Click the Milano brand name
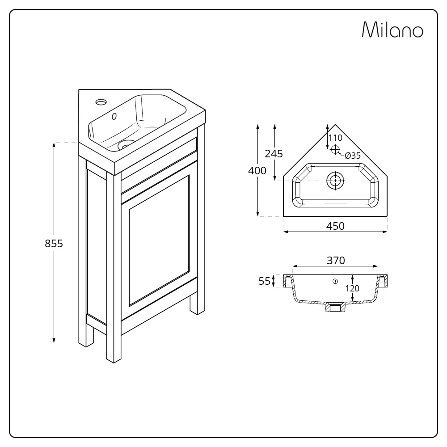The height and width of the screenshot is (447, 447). pos(392,30)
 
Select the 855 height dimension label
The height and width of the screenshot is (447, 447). pos(54,244)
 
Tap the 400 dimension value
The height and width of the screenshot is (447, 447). pos(257,170)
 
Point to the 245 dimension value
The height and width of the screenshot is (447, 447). pos(274,154)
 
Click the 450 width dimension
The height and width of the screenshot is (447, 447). pos(335,226)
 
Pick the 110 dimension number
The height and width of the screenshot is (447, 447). pos(335,138)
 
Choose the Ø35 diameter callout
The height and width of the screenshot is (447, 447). pos(353,156)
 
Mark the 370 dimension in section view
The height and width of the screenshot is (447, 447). pos(335,260)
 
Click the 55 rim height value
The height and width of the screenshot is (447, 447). pos(265,281)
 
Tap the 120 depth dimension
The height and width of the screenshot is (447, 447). pos(352,288)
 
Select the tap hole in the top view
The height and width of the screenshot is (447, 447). pos(335,150)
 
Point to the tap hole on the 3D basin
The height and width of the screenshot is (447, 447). pos(101,102)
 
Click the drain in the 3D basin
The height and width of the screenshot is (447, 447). pos(127,144)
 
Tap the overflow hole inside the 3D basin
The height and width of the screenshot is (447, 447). pos(114,117)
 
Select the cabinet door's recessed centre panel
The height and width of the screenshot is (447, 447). pos(159,241)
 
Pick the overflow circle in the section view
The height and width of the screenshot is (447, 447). pos(335,281)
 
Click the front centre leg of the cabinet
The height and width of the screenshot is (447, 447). pos(114,340)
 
